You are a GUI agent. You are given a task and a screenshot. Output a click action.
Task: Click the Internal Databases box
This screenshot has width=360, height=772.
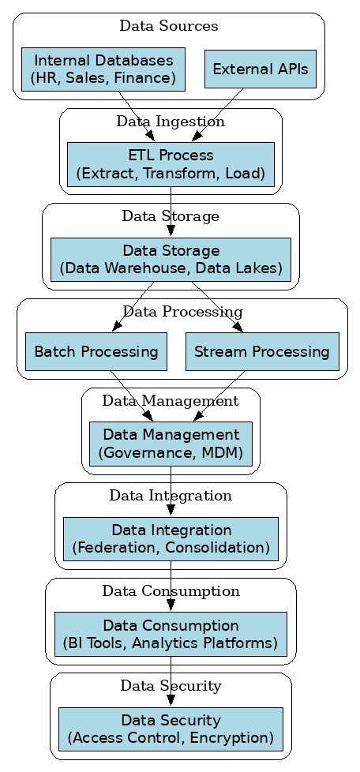(x=103, y=69)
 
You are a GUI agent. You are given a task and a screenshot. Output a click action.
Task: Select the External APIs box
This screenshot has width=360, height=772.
(x=260, y=69)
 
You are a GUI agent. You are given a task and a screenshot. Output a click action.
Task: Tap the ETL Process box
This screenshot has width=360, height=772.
(x=171, y=164)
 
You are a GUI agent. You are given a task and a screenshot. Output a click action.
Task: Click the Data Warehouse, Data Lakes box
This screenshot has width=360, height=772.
(x=171, y=260)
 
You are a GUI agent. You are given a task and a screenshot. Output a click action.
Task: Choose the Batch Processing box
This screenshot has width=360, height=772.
(x=96, y=351)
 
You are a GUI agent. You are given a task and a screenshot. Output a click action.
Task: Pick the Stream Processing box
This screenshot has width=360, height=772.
(x=261, y=351)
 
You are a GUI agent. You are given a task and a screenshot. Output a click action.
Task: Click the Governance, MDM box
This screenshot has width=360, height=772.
(x=171, y=444)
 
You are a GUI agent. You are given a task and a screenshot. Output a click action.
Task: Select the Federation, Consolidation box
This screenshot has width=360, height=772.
(x=171, y=539)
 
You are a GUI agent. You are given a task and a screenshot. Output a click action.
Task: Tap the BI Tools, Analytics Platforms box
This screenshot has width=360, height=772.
(x=171, y=634)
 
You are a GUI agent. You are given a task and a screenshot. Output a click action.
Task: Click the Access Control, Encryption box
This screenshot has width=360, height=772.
(x=171, y=729)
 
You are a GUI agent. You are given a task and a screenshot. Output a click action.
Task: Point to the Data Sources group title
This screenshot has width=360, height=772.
(x=168, y=26)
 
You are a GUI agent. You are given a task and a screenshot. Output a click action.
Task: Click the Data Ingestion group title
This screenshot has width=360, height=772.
(x=171, y=122)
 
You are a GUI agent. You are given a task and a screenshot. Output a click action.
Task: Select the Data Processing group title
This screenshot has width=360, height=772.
(x=182, y=312)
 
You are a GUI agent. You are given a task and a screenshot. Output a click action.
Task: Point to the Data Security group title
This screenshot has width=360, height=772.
(x=171, y=686)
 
